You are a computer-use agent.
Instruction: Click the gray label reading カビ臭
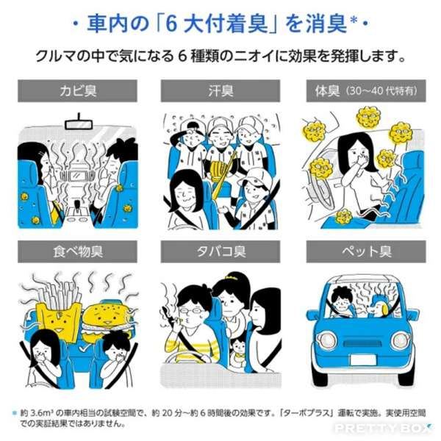click(77, 91)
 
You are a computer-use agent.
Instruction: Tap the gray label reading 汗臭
click(220, 91)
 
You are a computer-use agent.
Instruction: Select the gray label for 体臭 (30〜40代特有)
click(366, 91)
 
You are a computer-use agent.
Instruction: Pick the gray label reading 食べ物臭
click(77, 251)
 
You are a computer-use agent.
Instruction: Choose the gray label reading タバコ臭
click(220, 251)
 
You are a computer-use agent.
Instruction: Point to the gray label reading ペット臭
click(366, 251)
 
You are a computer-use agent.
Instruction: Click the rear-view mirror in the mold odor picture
click(79, 123)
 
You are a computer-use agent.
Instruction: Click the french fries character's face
click(60, 320)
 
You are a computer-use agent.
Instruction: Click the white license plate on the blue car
click(363, 359)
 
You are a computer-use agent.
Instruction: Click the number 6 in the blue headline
click(171, 24)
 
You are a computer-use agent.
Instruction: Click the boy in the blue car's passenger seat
click(342, 303)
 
